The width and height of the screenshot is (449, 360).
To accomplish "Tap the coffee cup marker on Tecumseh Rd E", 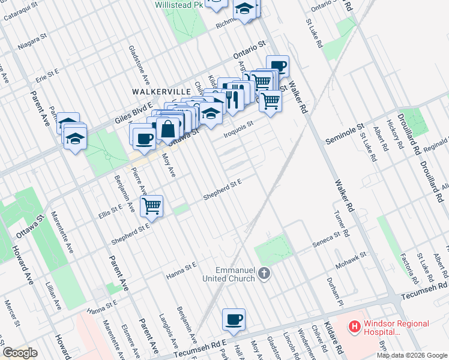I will click(x=234, y=320).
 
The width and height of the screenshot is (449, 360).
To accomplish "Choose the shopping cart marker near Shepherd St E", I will click(x=152, y=206).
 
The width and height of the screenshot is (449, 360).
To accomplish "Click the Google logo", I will click(x=20, y=353).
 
